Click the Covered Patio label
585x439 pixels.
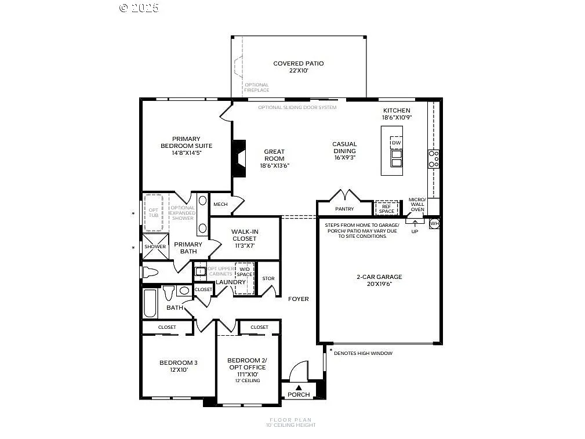click(299, 64)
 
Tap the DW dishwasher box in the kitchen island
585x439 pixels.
click(396, 143)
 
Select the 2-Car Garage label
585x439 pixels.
click(379, 277)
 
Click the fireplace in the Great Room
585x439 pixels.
click(238, 158)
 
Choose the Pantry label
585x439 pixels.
click(344, 209)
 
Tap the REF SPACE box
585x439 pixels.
click(387, 208)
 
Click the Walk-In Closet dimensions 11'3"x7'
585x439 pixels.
click(245, 246)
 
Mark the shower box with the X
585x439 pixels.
click(155, 246)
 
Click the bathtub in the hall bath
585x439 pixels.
click(150, 303)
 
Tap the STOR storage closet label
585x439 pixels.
click(268, 278)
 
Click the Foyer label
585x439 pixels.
click(299, 299)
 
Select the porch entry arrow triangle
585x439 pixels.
click(299, 387)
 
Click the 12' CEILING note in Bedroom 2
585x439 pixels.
click(247, 380)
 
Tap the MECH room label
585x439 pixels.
click(220, 204)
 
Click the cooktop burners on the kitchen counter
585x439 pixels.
click(433, 159)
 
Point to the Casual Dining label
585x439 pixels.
click(344, 147)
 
